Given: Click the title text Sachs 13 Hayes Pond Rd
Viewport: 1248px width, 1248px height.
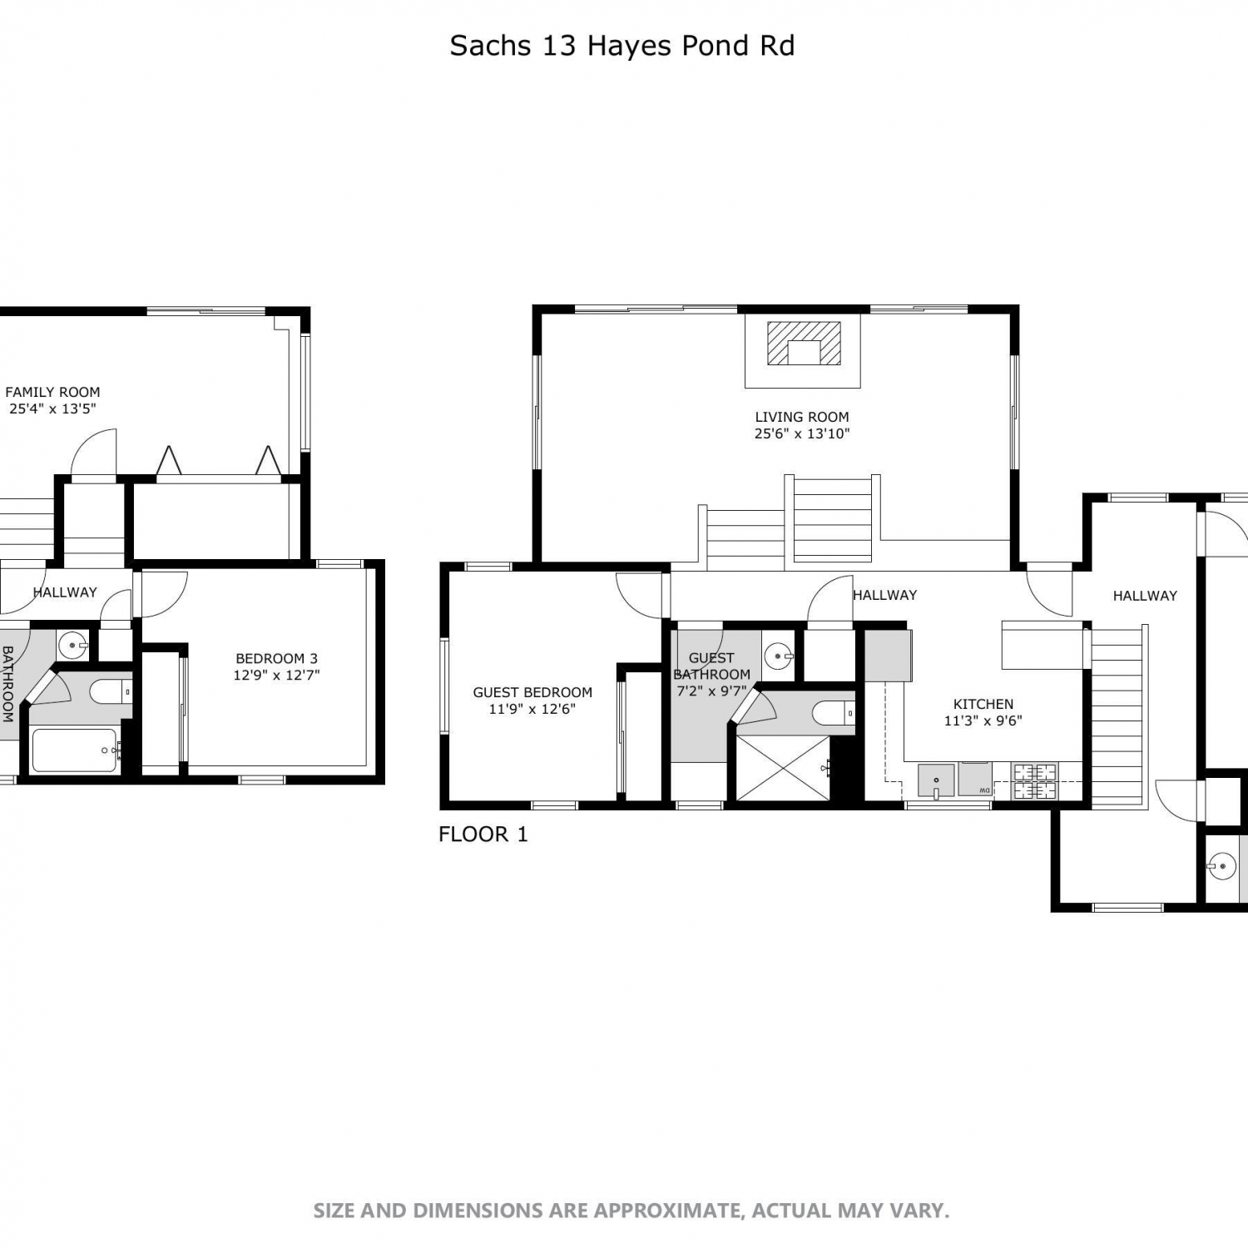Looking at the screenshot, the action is [622, 46].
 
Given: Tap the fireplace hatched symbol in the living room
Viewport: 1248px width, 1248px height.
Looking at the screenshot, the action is [804, 343].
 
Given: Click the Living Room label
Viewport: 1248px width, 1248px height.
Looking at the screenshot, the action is [802, 417].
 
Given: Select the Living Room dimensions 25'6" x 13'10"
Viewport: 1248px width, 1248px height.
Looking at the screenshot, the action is [802, 433].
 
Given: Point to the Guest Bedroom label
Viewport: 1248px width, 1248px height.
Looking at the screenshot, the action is [532, 692].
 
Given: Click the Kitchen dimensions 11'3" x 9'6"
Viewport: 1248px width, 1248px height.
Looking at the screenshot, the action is [983, 721].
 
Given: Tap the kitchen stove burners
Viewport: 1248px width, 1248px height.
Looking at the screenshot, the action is [1034, 782].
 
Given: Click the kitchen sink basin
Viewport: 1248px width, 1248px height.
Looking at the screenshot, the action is [936, 780].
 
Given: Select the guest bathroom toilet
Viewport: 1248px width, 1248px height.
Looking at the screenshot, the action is [833, 713].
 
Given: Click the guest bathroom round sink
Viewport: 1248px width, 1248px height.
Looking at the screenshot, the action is [779, 656].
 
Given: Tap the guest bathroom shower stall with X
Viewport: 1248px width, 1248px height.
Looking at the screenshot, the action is [783, 769].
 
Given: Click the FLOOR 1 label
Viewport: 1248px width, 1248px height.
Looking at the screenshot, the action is [483, 834].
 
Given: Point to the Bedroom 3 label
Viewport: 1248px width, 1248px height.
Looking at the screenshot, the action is [276, 658].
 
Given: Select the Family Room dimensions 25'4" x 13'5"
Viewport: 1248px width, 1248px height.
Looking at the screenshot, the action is [52, 409].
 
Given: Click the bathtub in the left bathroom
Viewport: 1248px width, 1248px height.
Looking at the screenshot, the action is [74, 750].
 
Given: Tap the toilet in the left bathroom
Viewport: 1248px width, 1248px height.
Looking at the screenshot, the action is [110, 691].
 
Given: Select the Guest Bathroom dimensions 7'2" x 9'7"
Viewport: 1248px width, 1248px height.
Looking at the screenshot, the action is [711, 691].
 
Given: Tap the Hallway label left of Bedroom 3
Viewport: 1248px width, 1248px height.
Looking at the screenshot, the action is [65, 592].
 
